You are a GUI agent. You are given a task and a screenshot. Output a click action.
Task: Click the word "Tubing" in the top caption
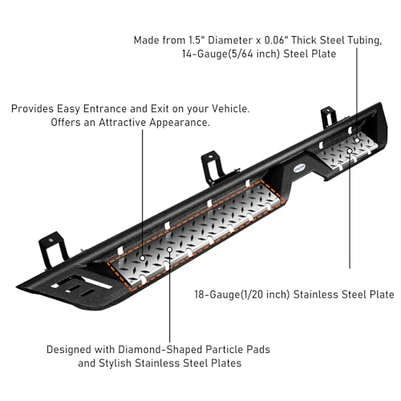pos(364,40)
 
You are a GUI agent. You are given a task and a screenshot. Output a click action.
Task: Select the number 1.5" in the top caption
pos(196,40)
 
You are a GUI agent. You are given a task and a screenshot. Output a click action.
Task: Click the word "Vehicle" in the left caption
pos(230,109)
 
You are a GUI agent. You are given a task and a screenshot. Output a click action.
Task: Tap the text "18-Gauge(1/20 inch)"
pos(242,294)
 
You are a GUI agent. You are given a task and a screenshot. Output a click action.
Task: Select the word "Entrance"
pos(106,109)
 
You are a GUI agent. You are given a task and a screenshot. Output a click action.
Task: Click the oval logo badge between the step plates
pos(299,167)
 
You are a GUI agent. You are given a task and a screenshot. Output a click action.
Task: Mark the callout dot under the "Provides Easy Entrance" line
pos(143,258)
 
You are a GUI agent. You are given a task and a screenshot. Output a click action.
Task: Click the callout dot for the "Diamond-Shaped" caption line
pos(169,249)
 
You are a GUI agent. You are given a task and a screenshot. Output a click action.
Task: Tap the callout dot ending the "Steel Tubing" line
pos(357,140)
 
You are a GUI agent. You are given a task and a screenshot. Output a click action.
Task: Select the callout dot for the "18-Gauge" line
pos(350,151)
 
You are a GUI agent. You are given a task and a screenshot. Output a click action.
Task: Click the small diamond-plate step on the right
pos(347,152)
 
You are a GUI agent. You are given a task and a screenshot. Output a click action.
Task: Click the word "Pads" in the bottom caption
pos(257,350)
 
